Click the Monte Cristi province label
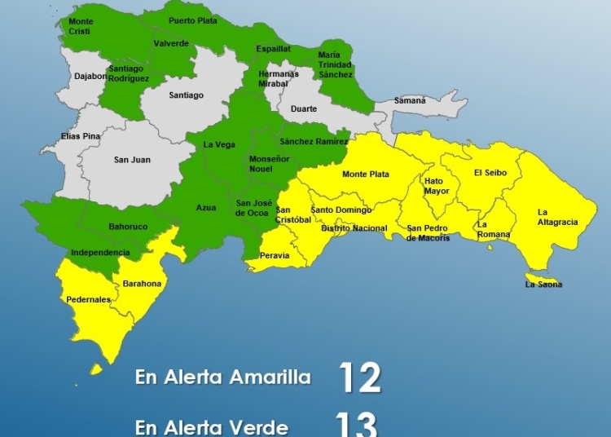click(x=81, y=25)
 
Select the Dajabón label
click(x=90, y=77)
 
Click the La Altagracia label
click(x=557, y=217)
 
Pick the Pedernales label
click(x=88, y=300)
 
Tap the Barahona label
click(x=142, y=284)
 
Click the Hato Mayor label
click(x=437, y=187)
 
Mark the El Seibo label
click(x=490, y=173)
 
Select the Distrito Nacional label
click(x=354, y=228)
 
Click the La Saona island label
click(x=543, y=285)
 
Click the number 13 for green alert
click(x=357, y=424)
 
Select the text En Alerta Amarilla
click(x=223, y=378)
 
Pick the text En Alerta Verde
click(x=211, y=426)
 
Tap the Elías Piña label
click(x=81, y=136)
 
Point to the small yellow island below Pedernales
click(x=96, y=369)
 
